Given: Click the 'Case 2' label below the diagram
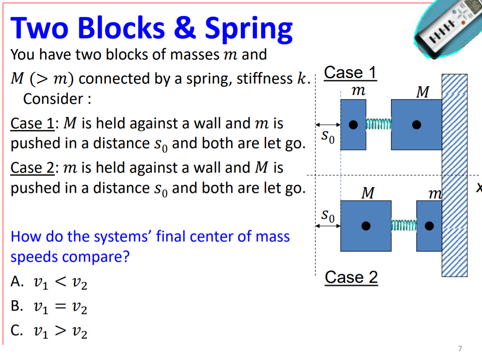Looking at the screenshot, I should point(351,277).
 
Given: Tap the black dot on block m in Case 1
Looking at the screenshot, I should point(353,125).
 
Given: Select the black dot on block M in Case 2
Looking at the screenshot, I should point(366,226).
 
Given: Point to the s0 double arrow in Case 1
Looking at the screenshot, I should point(328,125).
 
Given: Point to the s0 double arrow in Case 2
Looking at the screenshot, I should point(328,226).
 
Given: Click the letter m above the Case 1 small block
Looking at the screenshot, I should point(358,91).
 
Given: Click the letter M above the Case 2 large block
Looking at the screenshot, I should point(367,193).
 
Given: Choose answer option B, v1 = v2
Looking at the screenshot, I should point(49,308).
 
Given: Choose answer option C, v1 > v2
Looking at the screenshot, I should point(49,332).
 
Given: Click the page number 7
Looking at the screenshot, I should point(460,349).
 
